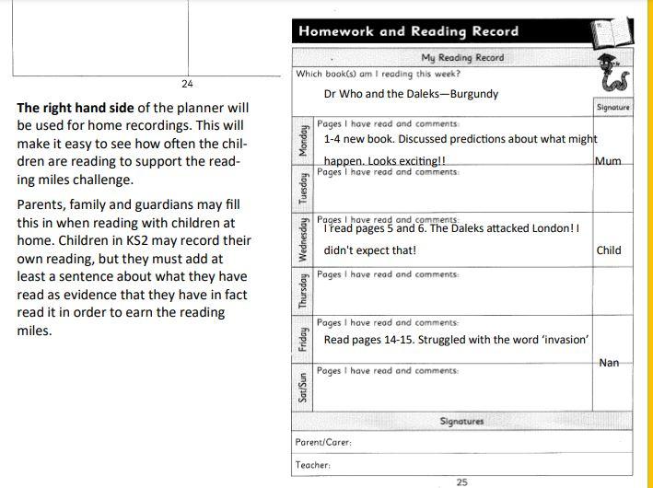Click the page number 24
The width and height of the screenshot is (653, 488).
click(188, 83)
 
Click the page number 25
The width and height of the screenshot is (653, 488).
click(462, 481)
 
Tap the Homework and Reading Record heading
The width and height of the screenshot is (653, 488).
click(408, 31)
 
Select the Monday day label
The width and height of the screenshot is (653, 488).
click(303, 143)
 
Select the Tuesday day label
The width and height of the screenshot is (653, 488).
click(303, 191)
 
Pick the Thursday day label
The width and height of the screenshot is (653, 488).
click(303, 291)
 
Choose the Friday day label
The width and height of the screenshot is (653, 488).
click(303, 340)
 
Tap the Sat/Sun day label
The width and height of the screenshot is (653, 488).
click(303, 388)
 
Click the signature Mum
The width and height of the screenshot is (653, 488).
click(608, 161)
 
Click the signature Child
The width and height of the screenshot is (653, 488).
click(609, 250)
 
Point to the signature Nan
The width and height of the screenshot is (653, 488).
click(609, 363)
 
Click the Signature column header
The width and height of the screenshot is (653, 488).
click(612, 107)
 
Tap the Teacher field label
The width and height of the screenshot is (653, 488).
click(313, 465)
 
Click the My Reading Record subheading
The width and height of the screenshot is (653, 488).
click(462, 57)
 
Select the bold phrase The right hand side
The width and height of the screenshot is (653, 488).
click(68, 109)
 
